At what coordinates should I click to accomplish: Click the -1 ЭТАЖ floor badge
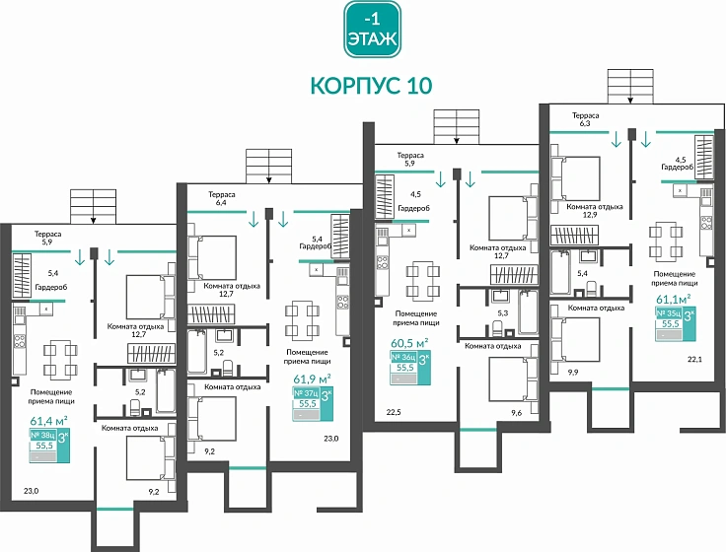click(372, 30)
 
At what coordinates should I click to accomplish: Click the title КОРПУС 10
click(371, 85)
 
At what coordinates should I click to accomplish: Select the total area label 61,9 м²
click(311, 377)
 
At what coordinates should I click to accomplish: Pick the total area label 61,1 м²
click(673, 298)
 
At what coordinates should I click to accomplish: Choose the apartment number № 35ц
click(669, 312)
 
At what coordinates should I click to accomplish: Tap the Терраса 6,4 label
click(221, 200)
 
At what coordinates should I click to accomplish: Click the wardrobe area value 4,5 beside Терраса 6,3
click(680, 159)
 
